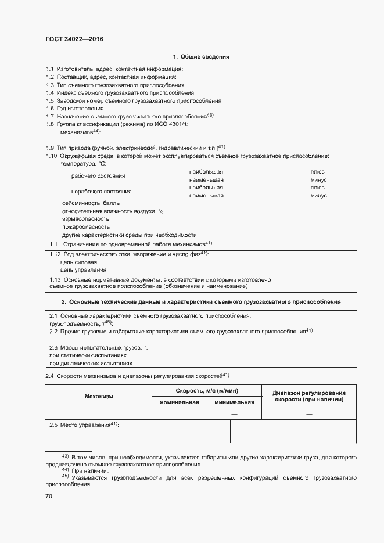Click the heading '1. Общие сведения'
pos(201,57)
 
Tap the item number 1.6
pos(50,109)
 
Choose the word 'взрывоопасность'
pos(85,219)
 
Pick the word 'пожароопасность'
pos(85,227)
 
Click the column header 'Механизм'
pos(99,396)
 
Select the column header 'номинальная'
pos(180,402)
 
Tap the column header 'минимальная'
pos(234,402)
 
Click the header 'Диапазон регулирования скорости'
pos(309,396)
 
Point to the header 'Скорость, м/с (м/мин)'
pos(207,391)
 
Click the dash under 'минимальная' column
pos(234,413)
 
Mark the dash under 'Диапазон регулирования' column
pos(309,413)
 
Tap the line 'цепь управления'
pos(83,270)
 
